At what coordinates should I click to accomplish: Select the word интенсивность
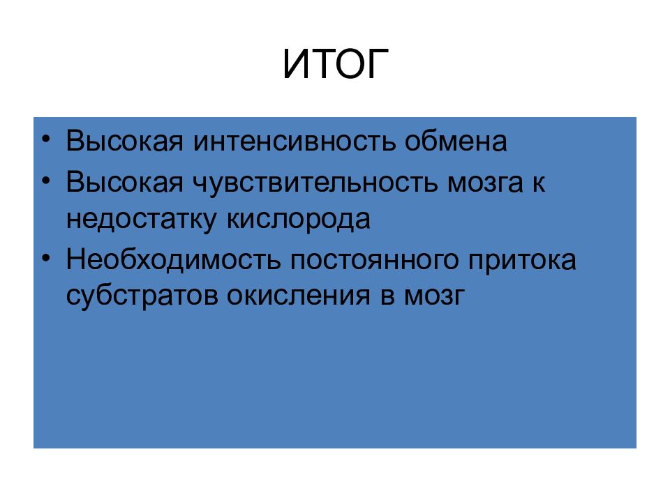tap(293, 142)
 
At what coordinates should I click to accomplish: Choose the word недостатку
tap(142, 219)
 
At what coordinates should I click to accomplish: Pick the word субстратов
tap(142, 296)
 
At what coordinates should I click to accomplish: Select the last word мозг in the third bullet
tap(433, 296)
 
